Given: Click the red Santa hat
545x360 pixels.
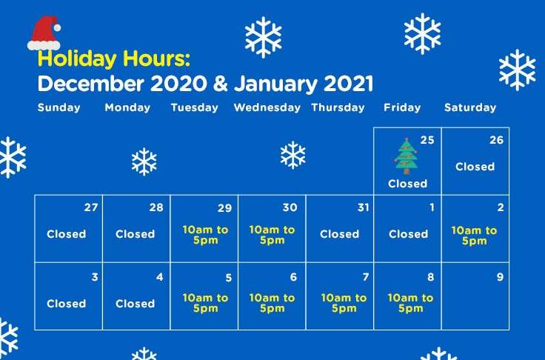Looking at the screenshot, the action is (x=44, y=33).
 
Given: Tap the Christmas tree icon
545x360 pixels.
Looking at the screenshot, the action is (x=406, y=156).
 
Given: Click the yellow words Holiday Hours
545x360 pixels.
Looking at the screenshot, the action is (x=113, y=59).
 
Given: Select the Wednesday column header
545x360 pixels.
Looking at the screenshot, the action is (x=267, y=107).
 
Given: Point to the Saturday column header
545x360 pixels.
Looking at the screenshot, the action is (x=470, y=107).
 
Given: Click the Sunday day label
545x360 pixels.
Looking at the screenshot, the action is (x=58, y=107).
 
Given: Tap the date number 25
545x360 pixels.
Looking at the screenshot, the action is (x=427, y=140).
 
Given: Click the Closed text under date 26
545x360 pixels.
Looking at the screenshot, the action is (x=475, y=167).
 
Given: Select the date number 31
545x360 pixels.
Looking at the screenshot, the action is (x=364, y=207).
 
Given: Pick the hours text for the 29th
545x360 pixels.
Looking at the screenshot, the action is (x=205, y=235).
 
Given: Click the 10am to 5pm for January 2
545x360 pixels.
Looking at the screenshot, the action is (x=474, y=236).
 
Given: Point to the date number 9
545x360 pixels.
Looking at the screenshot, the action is (x=500, y=277).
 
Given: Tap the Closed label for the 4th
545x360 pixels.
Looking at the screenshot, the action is (x=135, y=304).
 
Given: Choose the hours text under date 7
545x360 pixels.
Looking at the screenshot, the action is (x=344, y=303).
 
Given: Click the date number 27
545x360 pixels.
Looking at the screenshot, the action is (x=91, y=207).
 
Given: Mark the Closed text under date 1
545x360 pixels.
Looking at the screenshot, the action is (x=408, y=234).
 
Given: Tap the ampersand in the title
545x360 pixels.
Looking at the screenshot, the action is (x=221, y=84).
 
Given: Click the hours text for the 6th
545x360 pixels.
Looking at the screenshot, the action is (x=272, y=303).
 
